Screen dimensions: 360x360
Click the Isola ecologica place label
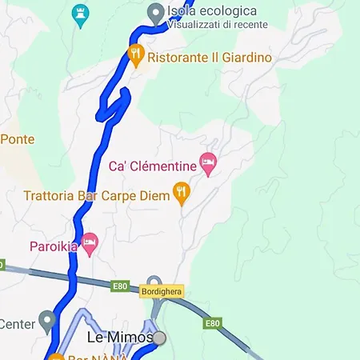tap(212, 11)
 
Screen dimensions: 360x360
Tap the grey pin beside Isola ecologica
tap(156, 12)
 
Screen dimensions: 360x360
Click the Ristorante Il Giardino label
tap(210, 58)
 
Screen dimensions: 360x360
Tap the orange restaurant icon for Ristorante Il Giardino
tap(136, 55)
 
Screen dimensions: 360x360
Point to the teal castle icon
tap(79, 12)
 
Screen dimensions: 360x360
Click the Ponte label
tap(17, 139)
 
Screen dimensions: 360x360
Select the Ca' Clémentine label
tap(153, 166)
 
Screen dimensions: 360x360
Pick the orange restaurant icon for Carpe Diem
tap(182, 192)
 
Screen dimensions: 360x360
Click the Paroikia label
tap(54, 246)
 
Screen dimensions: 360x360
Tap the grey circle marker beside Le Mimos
tap(159, 338)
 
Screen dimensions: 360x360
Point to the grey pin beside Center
tap(48, 322)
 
